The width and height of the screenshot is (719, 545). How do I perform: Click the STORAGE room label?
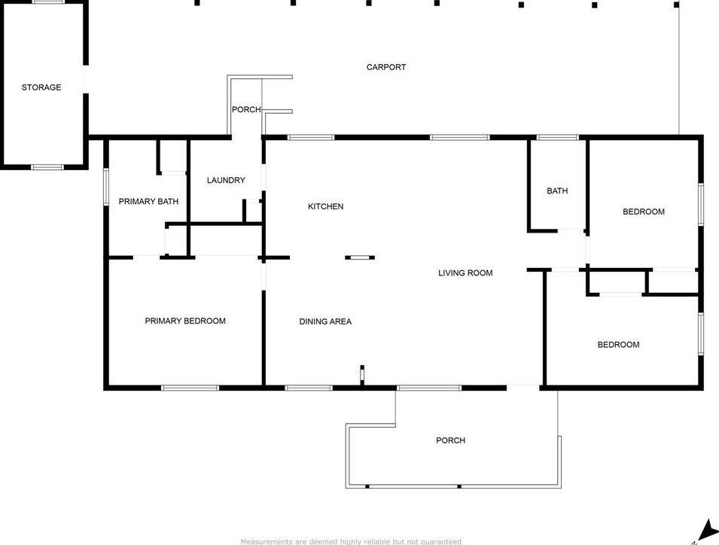pyautogui.click(x=41, y=87)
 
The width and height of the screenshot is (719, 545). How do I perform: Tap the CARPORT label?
pyautogui.click(x=386, y=67)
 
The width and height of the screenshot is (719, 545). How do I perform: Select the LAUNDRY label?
pyautogui.click(x=226, y=180)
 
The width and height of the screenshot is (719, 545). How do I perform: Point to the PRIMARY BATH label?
pyautogui.click(x=148, y=201)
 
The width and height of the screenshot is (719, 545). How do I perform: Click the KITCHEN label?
pyautogui.click(x=325, y=206)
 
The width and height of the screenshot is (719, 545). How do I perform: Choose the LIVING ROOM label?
pyautogui.click(x=465, y=272)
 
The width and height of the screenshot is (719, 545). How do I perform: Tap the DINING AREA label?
pyautogui.click(x=325, y=321)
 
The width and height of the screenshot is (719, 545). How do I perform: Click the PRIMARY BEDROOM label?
pyautogui.click(x=185, y=321)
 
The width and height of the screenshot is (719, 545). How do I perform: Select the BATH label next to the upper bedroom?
pyautogui.click(x=557, y=190)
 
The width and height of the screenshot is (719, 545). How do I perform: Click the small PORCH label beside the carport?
pyautogui.click(x=246, y=110)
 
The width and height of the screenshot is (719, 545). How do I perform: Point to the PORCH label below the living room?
pyautogui.click(x=450, y=440)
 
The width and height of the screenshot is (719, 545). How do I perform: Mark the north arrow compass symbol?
pyautogui.click(x=705, y=531)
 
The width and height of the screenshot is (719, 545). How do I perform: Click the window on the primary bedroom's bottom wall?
pyautogui.click(x=190, y=388)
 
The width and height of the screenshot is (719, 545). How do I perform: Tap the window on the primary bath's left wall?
pyautogui.click(x=106, y=187)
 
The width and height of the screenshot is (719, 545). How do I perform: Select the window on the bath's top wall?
pyautogui.click(x=557, y=138)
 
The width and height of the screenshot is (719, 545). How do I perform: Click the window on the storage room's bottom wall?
pyautogui.click(x=47, y=166)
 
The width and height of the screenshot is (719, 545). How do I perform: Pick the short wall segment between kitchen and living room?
pyautogui.click(x=360, y=257)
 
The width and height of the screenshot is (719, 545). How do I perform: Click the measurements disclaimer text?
pyautogui.click(x=351, y=541)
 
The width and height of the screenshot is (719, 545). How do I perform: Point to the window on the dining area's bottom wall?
pyautogui.click(x=308, y=388)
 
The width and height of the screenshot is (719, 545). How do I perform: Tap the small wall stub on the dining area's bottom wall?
pyautogui.click(x=362, y=374)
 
